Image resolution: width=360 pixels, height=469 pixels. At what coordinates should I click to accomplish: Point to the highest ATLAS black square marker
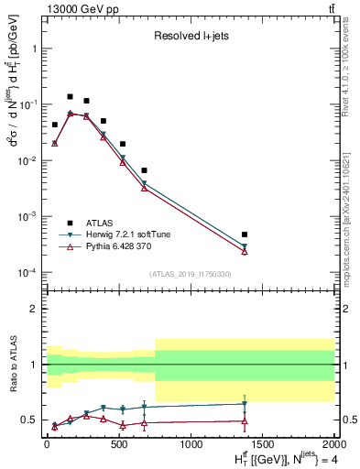pos(70,96)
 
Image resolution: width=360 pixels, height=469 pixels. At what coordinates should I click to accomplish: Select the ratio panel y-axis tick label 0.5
pos(29,420)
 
